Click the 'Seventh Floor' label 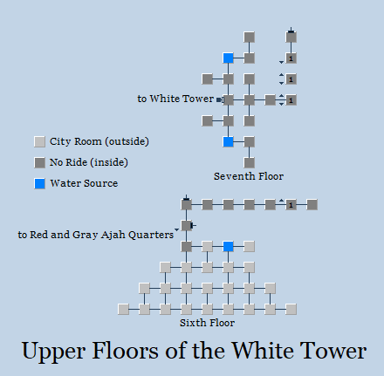pyautogui.click(x=249, y=176)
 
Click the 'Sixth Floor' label pyautogui.click(x=207, y=323)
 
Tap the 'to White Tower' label pyautogui.click(x=175, y=99)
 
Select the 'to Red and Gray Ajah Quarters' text pyautogui.click(x=96, y=235)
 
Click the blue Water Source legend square pyautogui.click(x=39, y=184)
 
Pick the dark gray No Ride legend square pyautogui.click(x=39, y=163)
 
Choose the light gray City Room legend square pyautogui.click(x=39, y=142)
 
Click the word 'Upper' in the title pyautogui.click(x=53, y=352)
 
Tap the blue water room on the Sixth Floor pyautogui.click(x=228, y=247)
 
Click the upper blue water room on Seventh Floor pyautogui.click(x=228, y=58)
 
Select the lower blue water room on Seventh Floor pyautogui.click(x=228, y=142)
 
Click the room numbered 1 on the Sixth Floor pyautogui.click(x=291, y=205)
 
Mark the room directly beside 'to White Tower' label pyautogui.click(x=228, y=100)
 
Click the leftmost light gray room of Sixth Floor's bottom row pyautogui.click(x=123, y=310)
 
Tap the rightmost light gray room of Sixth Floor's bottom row pyautogui.click(x=291, y=310)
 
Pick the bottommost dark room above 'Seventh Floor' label pyautogui.click(x=249, y=163)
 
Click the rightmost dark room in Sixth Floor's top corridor pyautogui.click(x=312, y=205)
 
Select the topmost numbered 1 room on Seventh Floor pyautogui.click(x=291, y=58)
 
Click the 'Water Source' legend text pyautogui.click(x=84, y=183)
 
